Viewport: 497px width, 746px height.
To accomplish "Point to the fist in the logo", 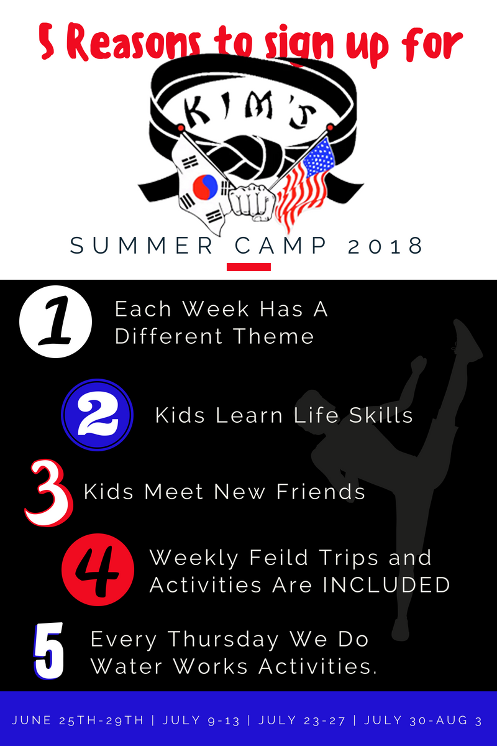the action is [252, 202].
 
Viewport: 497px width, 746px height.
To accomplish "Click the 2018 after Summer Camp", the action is [385, 246].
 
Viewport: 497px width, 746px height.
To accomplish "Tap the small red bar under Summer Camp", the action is [248, 267].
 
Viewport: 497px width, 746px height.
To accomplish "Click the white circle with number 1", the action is [55, 321].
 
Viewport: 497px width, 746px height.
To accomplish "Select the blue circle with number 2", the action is [97, 415].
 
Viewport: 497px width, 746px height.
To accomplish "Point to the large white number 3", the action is [48, 493].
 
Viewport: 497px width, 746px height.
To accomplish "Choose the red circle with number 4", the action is [98, 569].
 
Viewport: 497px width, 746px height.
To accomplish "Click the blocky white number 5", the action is [48, 651].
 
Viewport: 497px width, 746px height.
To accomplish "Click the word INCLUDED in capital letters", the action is [386, 585].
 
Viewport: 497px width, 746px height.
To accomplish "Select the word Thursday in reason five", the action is [223, 640].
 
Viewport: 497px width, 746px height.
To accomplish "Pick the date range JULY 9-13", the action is [201, 721].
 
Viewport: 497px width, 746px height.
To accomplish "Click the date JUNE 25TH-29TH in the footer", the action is [78, 721].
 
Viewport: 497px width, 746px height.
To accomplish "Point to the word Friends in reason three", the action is [321, 492].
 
